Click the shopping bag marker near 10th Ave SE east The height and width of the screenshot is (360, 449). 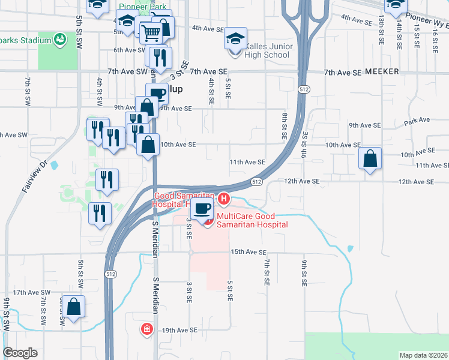pyautogui.click(x=371, y=159)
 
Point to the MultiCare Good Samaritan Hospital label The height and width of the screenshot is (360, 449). pyautogui.click(x=252, y=220)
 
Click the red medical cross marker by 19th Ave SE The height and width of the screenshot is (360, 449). pyautogui.click(x=146, y=329)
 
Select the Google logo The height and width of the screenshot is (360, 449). pyautogui.click(x=20, y=353)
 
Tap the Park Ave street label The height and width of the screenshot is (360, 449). pyautogui.click(x=417, y=121)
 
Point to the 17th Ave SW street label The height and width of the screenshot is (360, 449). pyautogui.click(x=29, y=292)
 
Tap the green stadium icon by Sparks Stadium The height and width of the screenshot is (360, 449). pyautogui.click(x=59, y=41)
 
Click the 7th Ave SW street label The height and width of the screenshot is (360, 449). pyautogui.click(x=128, y=71)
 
